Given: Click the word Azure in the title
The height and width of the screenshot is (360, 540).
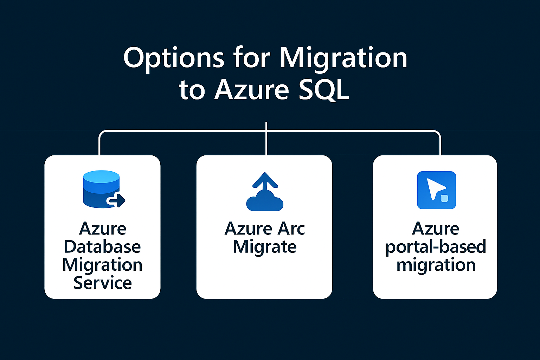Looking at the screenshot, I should tap(252, 90).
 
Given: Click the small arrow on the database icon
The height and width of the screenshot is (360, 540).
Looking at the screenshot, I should tap(117, 200).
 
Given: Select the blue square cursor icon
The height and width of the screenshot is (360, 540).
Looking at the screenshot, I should tap(436, 190).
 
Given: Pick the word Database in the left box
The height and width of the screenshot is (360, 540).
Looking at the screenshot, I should tap(102, 247).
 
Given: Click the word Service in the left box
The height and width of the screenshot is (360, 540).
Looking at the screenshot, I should tap(102, 283).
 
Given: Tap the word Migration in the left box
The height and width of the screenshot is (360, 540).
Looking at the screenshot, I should tap(102, 265).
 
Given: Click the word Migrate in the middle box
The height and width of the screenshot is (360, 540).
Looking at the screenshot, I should tap(265, 247).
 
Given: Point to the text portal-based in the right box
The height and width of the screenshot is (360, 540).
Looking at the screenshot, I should tap(436, 247).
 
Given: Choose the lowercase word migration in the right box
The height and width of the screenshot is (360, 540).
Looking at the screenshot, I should tap(436, 265).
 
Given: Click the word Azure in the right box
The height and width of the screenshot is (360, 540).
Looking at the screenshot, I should tap(436, 229).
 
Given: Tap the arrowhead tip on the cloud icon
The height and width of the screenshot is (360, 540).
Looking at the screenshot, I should tap(265, 174).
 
